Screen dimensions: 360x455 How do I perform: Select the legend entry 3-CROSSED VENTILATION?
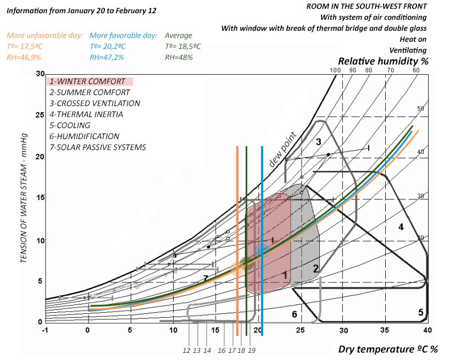tap(95, 103)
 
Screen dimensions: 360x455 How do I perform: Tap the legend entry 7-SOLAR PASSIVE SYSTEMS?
tap(98, 147)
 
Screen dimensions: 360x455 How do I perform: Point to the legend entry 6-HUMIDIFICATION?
tap(84, 136)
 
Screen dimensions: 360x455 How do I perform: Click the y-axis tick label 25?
tap(39, 115)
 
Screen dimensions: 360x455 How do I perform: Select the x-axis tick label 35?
tap(385, 330)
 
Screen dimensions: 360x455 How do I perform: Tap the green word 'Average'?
tap(179, 36)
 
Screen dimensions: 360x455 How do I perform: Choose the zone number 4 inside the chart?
tap(401, 226)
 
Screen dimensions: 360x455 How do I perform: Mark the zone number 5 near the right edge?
tap(420, 312)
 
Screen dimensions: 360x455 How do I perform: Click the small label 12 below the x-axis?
tap(186, 350)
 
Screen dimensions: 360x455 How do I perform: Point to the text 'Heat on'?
tap(414, 39)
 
